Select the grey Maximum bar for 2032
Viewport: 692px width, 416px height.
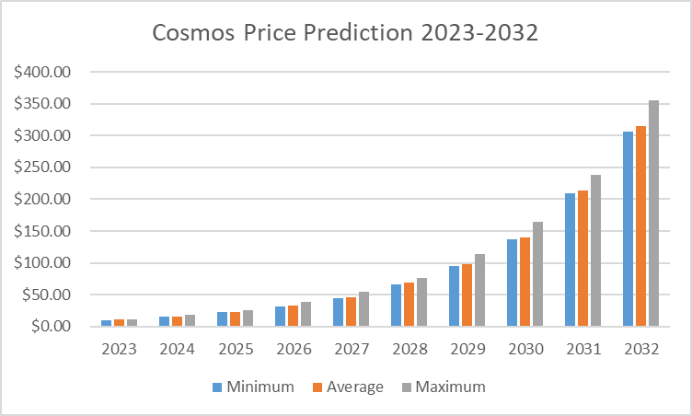[x=653, y=214]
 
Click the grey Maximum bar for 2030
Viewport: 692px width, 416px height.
[x=537, y=273]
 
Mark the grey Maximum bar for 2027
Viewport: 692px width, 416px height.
[x=363, y=308]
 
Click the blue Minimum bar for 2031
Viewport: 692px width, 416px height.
[x=571, y=260]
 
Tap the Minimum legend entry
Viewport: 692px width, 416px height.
[x=253, y=387]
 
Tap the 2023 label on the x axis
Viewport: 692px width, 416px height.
[x=119, y=351]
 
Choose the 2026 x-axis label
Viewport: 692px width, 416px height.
[x=293, y=351]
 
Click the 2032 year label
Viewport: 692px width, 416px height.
[x=640, y=351]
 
